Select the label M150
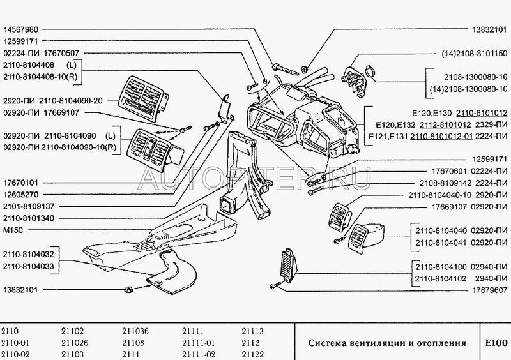(x=13, y=229)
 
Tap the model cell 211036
(x=135, y=331)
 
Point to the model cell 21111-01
(x=198, y=341)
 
